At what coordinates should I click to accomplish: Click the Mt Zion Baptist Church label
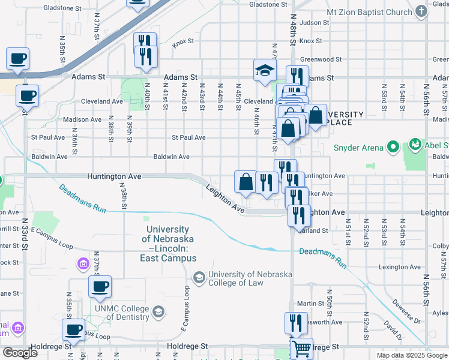pyautogui.click(x=369, y=12)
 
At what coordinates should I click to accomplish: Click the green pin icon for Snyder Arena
pyautogui.click(x=393, y=146)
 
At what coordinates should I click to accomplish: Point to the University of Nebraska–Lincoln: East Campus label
pyautogui.click(x=168, y=244)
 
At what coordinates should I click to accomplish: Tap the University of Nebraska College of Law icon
pyautogui.click(x=199, y=277)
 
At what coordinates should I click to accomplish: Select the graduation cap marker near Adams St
pyautogui.click(x=265, y=70)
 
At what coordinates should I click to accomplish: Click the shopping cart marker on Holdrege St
pyautogui.click(x=301, y=348)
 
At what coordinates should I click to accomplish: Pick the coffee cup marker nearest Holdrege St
pyautogui.click(x=74, y=329)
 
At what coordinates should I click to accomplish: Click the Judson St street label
pyautogui.click(x=315, y=23)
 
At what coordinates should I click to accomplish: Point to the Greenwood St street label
pyautogui.click(x=321, y=60)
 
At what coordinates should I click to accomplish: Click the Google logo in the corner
pyautogui.click(x=20, y=352)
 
